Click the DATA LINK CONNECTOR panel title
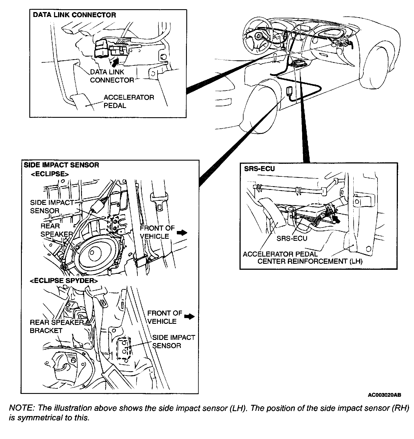pos(74,15)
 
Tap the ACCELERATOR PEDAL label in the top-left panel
pos(129,101)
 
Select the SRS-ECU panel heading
pos(259,169)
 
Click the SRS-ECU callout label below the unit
pos(292,238)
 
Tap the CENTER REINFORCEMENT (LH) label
pos(310,261)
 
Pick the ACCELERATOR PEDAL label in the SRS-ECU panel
pos(280,254)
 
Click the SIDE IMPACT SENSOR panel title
pos(61,165)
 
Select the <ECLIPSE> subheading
pos(50,174)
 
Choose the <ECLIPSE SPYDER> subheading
pos(64,281)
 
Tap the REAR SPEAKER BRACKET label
pos(56,326)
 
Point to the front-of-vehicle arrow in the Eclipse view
pos(181,232)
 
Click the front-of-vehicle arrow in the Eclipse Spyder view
pos(189,316)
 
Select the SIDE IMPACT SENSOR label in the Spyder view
pos(173,341)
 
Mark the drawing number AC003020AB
pos(384,395)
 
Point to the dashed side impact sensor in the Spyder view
pos(124,348)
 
